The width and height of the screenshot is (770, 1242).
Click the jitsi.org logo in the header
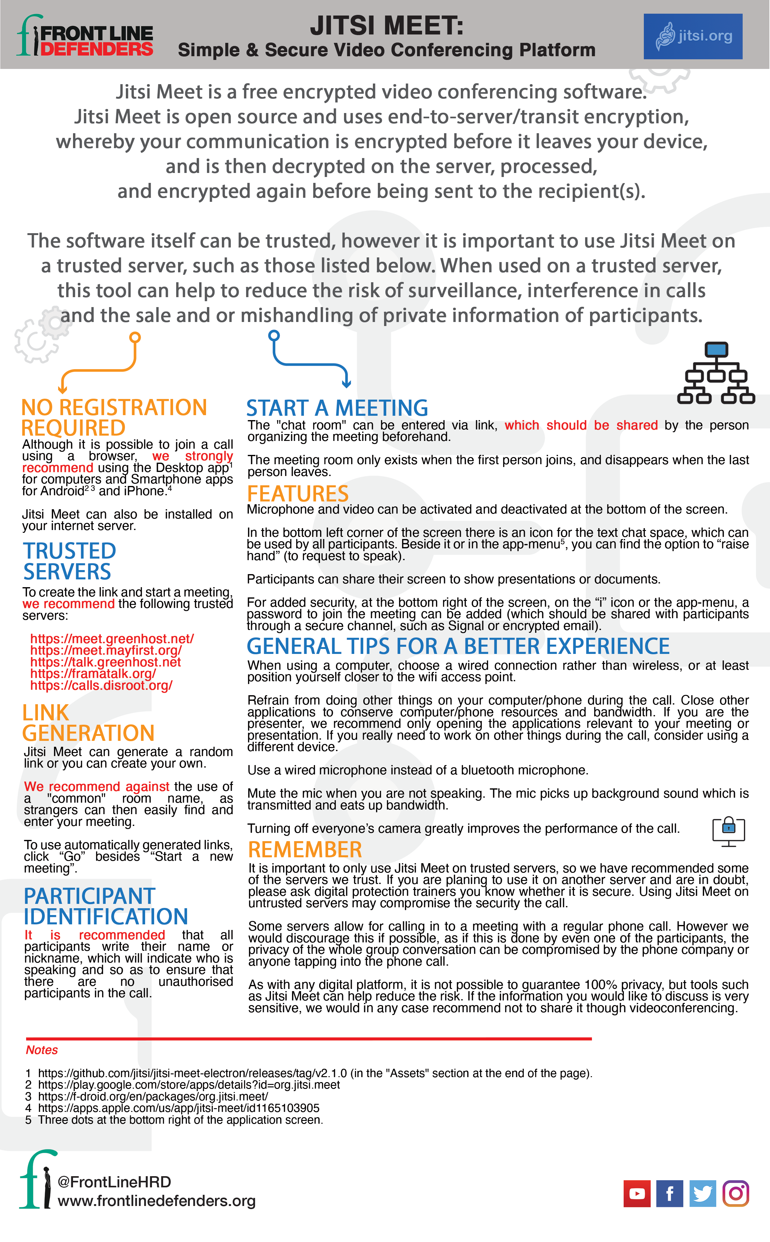tap(693, 36)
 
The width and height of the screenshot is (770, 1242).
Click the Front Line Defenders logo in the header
tap(85, 36)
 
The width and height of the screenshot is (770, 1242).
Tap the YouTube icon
tap(637, 1193)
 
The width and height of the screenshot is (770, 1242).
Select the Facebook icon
tap(670, 1193)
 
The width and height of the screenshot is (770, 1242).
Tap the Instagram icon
tap(736, 1193)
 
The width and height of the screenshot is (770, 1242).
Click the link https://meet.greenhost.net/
tap(112, 639)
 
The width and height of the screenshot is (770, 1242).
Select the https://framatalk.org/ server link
tap(93, 674)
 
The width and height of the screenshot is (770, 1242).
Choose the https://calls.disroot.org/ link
tap(101, 685)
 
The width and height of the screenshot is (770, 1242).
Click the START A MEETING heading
tap(337, 408)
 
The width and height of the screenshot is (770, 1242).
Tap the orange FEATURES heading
tap(298, 494)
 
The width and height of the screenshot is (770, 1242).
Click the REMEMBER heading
tap(305, 850)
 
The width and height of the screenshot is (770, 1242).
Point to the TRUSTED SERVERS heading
tap(70, 561)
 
